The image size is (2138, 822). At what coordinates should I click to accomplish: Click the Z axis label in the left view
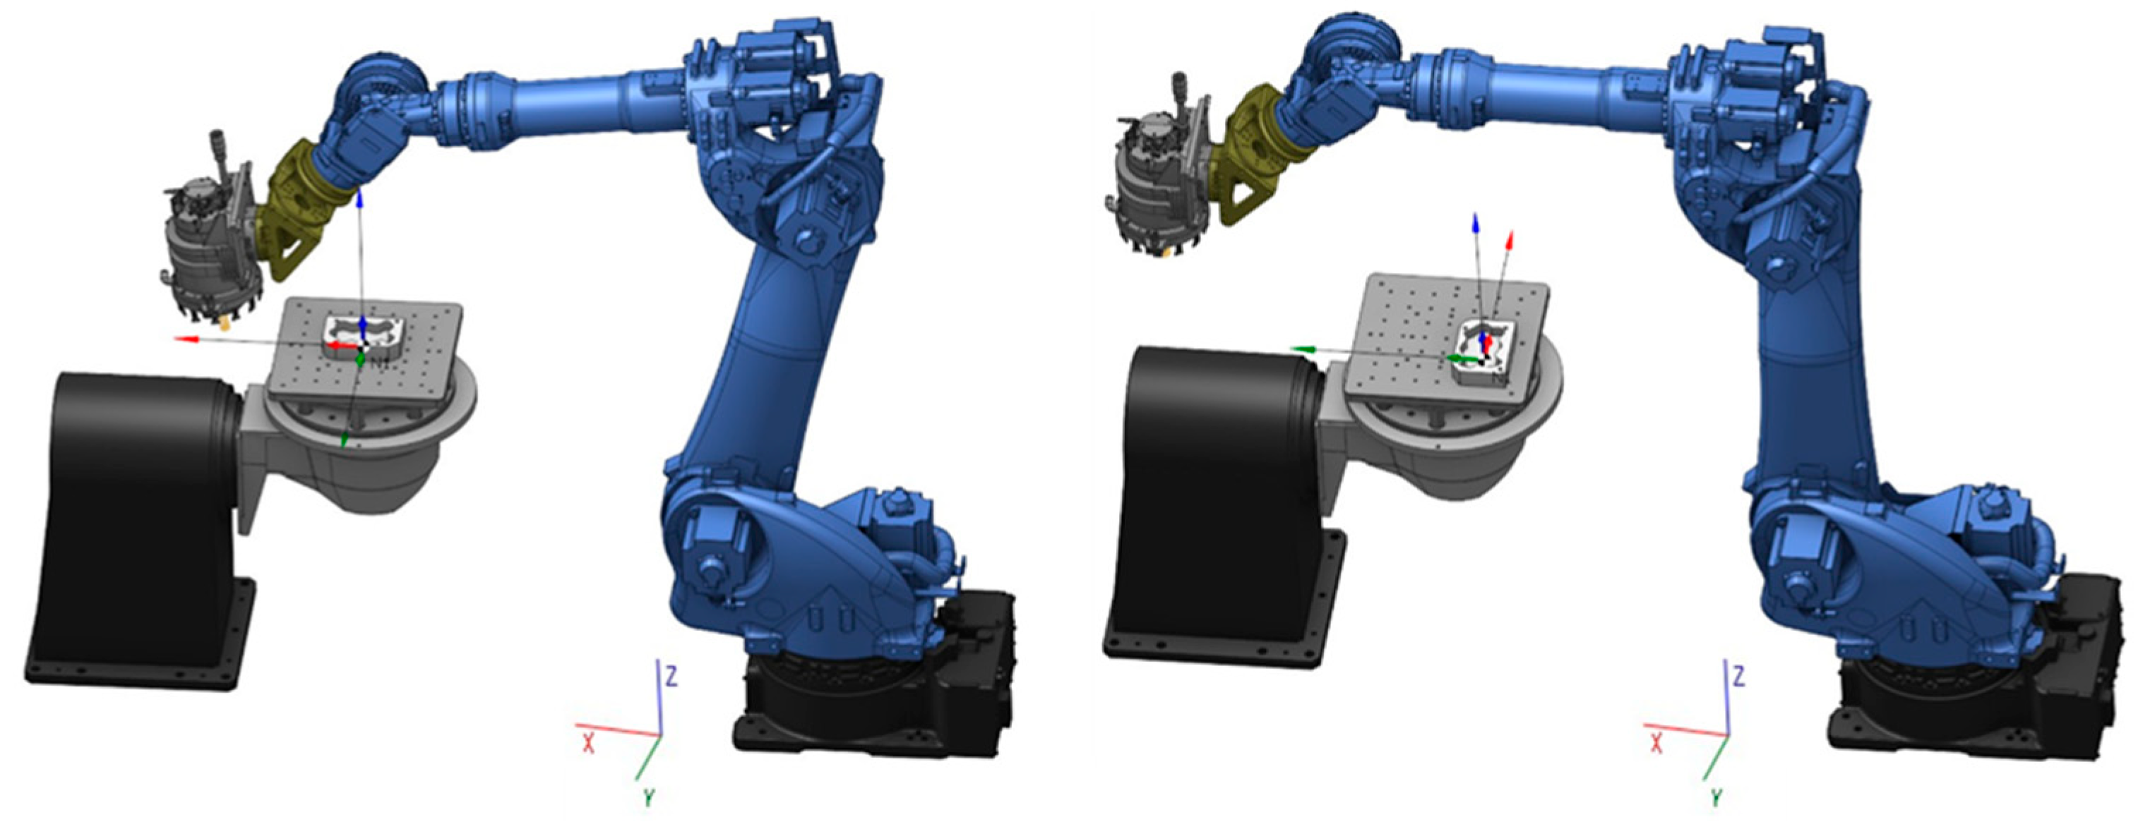671,677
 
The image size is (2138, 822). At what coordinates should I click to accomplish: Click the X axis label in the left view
588,743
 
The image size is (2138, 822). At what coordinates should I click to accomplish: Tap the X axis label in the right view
1656,743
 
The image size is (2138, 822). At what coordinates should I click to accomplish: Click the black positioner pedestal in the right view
1212,497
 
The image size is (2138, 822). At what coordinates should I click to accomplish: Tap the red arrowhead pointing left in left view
184,339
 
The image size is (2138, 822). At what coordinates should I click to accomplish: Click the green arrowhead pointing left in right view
1299,351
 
